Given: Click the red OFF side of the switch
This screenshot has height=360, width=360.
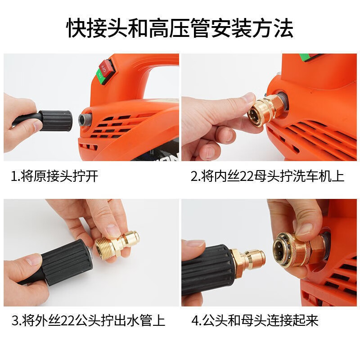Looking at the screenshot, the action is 106,66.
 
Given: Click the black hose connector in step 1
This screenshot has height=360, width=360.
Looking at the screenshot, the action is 56,121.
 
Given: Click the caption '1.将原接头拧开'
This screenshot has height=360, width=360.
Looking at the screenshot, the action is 54,176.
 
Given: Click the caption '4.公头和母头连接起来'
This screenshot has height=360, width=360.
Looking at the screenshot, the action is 255,320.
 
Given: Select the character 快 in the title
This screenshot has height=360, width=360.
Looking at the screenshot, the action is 77,28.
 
